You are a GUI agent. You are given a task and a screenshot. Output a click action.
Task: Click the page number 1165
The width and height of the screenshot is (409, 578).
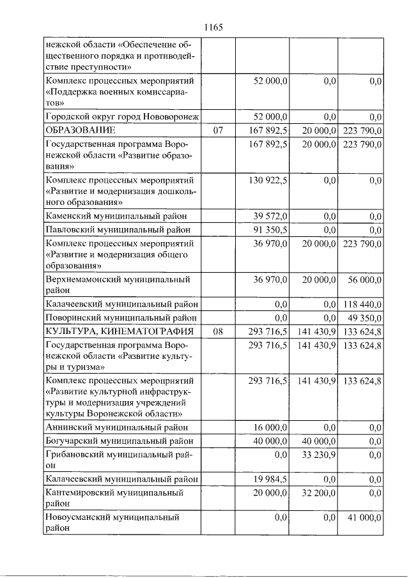coord(212,27)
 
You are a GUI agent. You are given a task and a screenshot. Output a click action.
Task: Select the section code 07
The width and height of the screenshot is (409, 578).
coord(219,131)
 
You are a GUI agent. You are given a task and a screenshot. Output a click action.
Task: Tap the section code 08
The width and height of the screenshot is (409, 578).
coord(219,331)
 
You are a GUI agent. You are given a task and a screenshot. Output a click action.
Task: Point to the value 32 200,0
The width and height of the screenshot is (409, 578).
coord(317,493)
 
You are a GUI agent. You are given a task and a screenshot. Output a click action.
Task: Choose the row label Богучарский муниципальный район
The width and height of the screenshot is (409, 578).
coord(118,441)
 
